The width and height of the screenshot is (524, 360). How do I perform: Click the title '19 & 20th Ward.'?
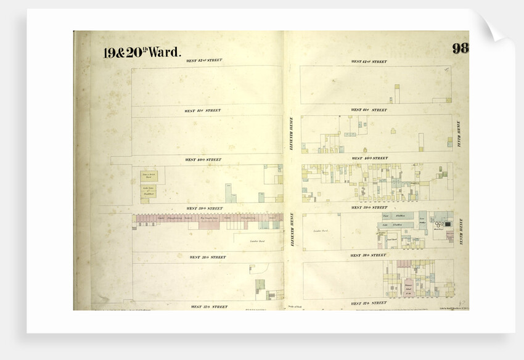click(x=141, y=53)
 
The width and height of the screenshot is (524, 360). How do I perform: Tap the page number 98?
click(x=459, y=49)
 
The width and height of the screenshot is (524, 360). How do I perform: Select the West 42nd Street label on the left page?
click(x=205, y=60)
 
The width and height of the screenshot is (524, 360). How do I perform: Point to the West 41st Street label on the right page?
click(x=369, y=110)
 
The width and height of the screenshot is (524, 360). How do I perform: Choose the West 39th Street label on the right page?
click(x=369, y=208)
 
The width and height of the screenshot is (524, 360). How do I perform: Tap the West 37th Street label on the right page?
click(x=369, y=303)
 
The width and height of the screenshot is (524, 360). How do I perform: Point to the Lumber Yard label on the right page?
click(x=320, y=231)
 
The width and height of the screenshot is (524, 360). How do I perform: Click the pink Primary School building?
click(x=408, y=288)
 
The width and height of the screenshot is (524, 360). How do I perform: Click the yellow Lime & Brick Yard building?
click(x=148, y=176)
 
